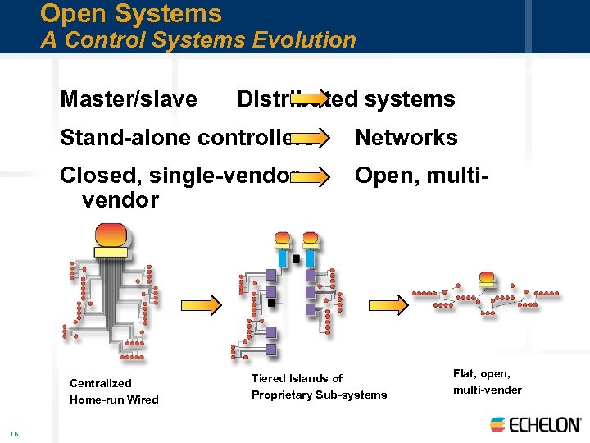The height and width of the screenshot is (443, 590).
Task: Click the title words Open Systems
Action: pyautogui.click(x=131, y=14)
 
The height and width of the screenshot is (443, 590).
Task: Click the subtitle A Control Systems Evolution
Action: pyautogui.click(x=198, y=39)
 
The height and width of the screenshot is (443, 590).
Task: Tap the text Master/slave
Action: pyautogui.click(x=129, y=99)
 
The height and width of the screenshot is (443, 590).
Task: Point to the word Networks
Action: pyautogui.click(x=406, y=138)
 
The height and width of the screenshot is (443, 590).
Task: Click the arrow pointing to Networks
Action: pyautogui.click(x=310, y=136)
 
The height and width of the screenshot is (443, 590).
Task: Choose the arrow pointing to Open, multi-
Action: pyautogui.click(x=310, y=175)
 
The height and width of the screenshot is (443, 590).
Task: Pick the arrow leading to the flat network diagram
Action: pyautogui.click(x=388, y=305)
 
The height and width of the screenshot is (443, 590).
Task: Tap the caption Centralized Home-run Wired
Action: pyautogui.click(x=114, y=391)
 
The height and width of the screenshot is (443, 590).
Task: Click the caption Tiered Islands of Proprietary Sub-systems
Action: pyautogui.click(x=319, y=386)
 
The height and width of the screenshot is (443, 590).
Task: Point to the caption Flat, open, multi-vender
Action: pyautogui.click(x=487, y=381)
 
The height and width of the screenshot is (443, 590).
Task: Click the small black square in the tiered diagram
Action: pyautogui.click(x=296, y=258)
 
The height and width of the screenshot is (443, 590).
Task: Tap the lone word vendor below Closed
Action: pyautogui.click(x=120, y=199)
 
